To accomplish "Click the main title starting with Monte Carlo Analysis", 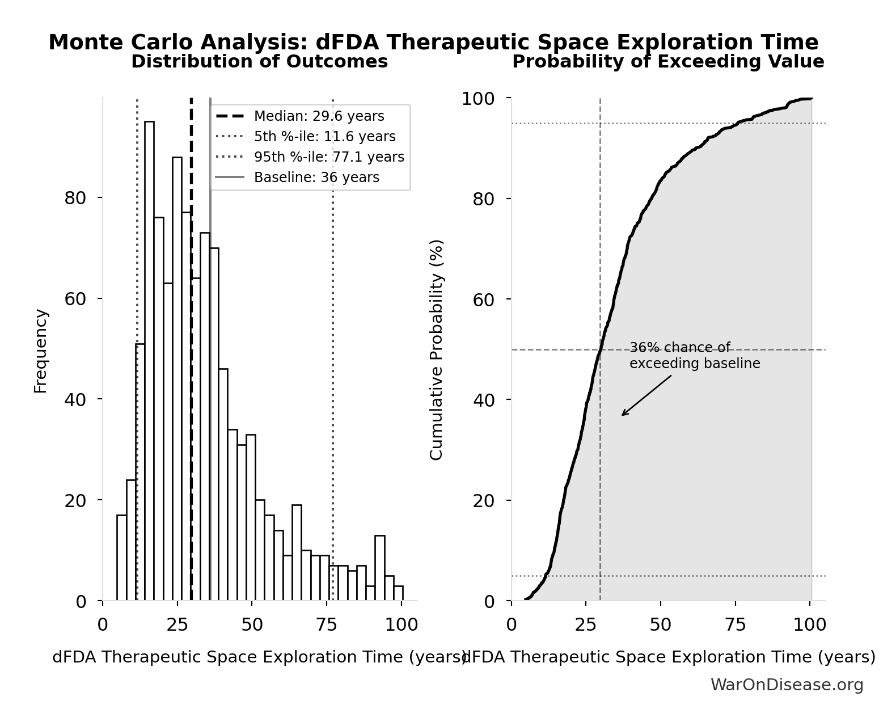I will pos(433,43).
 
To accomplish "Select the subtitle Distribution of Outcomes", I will pos(259,62).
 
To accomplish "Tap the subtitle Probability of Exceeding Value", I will pos(668,62).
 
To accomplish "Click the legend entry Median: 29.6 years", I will pos(319,116).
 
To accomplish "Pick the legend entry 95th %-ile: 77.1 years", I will pos(329,157).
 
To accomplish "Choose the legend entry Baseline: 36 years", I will pos(316,178).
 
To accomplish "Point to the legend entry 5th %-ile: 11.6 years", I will pos(324,137).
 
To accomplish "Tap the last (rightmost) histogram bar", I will pos(398,593).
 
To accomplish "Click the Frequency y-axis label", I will pos(41,351).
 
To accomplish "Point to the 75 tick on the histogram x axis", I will pos(327,625).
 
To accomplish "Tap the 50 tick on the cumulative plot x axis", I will pos(661,625).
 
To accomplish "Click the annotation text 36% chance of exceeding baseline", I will pos(694,356).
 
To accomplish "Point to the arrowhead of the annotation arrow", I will pos(623,415).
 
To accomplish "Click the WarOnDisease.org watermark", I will pos(787,685).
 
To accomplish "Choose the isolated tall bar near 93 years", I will pos(380,568).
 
